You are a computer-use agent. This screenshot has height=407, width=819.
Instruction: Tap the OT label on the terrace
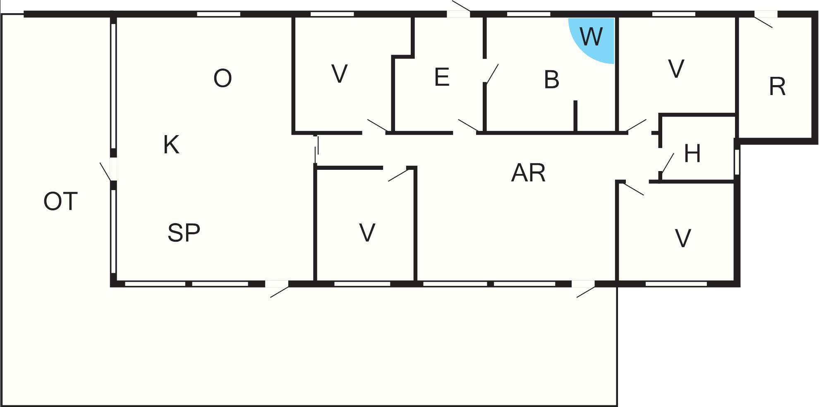coord(60,202)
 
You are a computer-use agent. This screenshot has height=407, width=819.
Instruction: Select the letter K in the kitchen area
coord(171,145)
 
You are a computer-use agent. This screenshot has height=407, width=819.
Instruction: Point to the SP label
coord(184,232)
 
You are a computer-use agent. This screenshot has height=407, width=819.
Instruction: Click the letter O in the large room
coord(223,78)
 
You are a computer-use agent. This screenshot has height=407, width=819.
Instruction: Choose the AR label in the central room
coord(528,173)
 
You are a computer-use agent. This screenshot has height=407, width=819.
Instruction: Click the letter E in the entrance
coord(442,77)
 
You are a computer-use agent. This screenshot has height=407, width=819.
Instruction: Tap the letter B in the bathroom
coord(551,79)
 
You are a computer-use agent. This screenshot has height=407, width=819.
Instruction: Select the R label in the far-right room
coord(777,87)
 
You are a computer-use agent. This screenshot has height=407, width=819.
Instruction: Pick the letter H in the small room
coord(692,153)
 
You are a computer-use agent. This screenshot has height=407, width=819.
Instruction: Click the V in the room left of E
coord(339,74)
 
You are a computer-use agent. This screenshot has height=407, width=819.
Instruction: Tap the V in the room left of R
coord(676,69)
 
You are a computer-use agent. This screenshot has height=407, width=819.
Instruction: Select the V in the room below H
coord(682,238)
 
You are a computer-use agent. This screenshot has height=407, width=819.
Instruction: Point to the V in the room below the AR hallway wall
coord(367,232)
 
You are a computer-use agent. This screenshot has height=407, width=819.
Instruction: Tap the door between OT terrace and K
coord(105,171)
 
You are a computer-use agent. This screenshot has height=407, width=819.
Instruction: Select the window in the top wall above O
coord(218,14)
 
